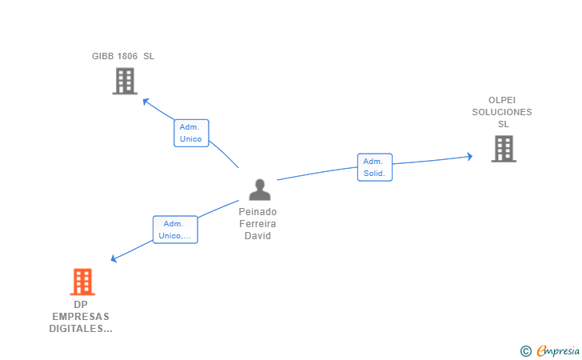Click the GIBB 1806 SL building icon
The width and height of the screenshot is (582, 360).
(125, 81)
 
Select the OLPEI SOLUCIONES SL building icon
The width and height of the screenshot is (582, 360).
(503, 149)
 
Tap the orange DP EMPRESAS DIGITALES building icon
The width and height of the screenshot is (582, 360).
(82, 282)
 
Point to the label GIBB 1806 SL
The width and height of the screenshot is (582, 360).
(123, 56)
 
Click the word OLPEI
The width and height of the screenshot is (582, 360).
(502, 100)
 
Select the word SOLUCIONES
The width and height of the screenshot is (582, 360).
(502, 112)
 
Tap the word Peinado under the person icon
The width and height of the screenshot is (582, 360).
(258, 212)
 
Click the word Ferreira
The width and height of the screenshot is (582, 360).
(258, 224)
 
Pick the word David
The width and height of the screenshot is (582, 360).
(258, 236)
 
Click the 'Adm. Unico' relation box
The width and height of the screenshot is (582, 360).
(191, 133)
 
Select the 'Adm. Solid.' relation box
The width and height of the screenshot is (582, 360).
(374, 167)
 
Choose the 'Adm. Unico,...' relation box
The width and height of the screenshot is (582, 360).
(175, 230)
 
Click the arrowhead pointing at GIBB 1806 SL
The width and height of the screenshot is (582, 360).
(145, 100)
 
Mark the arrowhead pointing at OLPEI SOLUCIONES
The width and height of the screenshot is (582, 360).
(470, 156)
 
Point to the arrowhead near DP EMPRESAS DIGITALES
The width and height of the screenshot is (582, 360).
(114, 258)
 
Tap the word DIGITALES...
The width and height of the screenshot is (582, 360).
(80, 329)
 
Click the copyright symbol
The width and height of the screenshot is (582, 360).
(525, 350)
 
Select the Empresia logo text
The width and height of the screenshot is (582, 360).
(558, 350)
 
